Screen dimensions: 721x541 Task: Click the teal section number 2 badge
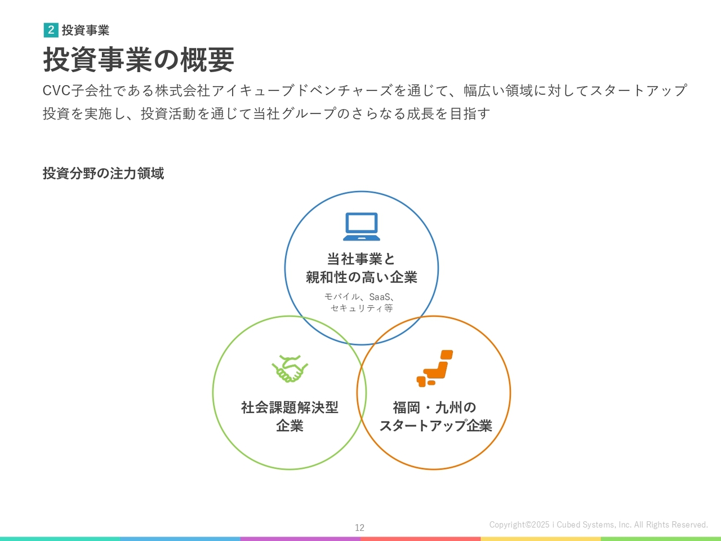[51, 30]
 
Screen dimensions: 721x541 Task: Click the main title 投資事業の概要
[139, 60]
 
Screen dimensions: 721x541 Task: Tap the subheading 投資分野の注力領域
[103, 173]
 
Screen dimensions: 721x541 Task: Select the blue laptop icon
[361, 227]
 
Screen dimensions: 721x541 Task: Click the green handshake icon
[290, 369]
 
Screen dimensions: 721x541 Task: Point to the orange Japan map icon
[434, 368]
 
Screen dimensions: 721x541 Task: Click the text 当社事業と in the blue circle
[361, 259]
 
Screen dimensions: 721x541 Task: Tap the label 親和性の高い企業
[361, 277]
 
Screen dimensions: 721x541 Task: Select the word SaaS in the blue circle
[380, 297]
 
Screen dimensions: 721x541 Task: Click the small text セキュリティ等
[362, 308]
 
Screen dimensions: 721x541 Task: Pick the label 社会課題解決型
[290, 407]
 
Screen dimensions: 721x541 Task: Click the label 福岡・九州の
[434, 407]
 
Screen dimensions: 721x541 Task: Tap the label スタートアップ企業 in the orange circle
[435, 425]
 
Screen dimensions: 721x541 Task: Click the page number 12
[360, 527]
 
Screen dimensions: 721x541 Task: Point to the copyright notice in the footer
[598, 525]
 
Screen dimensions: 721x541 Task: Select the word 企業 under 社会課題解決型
[290, 425]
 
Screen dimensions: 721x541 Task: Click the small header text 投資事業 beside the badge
[86, 30]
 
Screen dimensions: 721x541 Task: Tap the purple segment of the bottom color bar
[300, 539]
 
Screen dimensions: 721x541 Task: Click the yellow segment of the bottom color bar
[541, 539]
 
